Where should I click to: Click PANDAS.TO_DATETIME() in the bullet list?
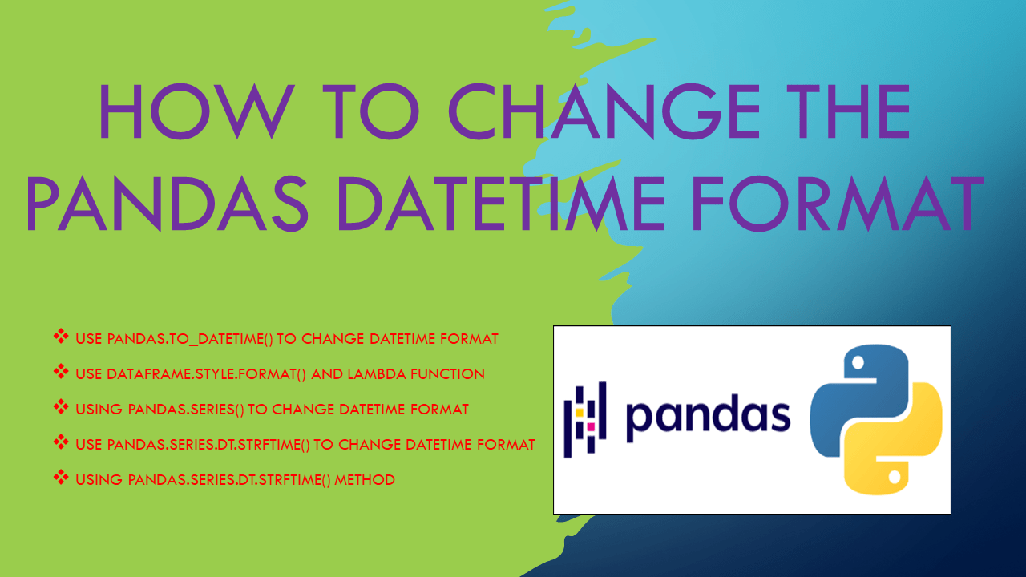[190, 339]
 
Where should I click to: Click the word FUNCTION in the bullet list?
[453, 374]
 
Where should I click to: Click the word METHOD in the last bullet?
[365, 480]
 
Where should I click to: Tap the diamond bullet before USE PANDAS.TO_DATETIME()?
[61, 337]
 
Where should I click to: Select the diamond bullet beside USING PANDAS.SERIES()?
[61, 408]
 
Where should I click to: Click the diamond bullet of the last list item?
[61, 478]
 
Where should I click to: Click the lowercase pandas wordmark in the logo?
[708, 415]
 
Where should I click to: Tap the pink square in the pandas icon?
[591, 427]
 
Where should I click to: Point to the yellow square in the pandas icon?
[579, 413]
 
